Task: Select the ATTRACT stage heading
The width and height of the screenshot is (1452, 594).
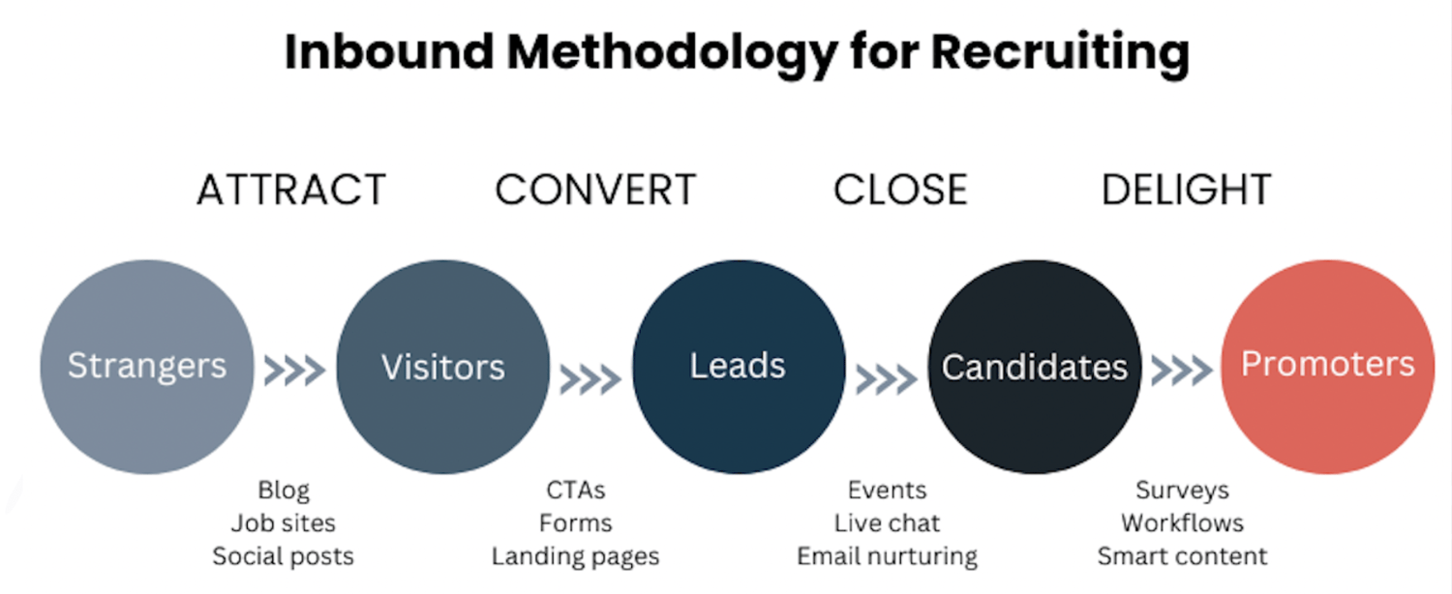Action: (x=291, y=191)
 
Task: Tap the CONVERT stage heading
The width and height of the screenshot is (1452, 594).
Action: (x=595, y=191)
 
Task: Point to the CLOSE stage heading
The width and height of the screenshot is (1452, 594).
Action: (x=900, y=191)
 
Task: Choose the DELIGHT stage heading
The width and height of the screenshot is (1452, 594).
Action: (x=1186, y=191)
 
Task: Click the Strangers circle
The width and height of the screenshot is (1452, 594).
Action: (x=146, y=367)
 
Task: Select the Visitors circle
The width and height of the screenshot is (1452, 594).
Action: (x=442, y=367)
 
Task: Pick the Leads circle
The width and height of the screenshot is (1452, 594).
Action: (x=739, y=367)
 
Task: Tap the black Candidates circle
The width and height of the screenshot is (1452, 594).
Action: (x=1034, y=367)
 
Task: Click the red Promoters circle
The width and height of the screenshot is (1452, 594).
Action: (x=1327, y=367)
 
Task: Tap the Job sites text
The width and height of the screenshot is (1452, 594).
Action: (x=284, y=523)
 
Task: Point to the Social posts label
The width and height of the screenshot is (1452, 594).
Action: (x=284, y=557)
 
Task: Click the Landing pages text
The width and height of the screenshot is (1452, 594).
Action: (x=575, y=557)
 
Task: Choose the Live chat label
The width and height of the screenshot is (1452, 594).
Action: (x=887, y=523)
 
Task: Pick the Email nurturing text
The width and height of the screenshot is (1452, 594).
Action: (x=887, y=557)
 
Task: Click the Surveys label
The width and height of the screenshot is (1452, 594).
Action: (x=1182, y=490)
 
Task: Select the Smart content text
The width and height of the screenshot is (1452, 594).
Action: (x=1182, y=557)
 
